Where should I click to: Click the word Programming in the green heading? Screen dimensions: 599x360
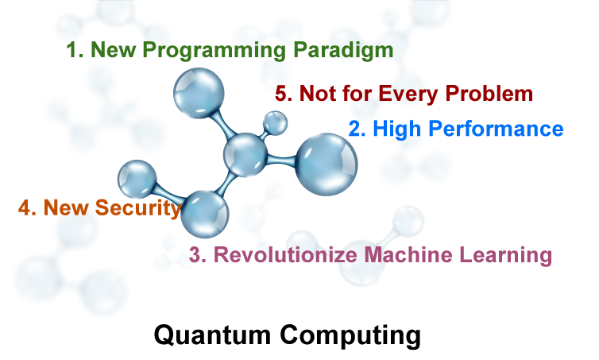click(214, 50)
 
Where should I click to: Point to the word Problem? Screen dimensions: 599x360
click(489, 93)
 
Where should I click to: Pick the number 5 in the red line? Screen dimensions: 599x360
click(284, 94)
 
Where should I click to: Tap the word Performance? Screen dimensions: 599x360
click(496, 129)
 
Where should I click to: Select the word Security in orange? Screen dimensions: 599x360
click(137, 208)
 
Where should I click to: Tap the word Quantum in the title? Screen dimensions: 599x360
click(212, 335)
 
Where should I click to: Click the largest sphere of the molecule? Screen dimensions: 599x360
click(327, 165)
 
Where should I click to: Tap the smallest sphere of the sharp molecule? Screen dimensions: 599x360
click(275, 122)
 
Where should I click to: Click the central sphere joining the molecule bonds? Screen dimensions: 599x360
click(245, 155)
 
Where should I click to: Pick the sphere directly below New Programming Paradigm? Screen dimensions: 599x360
click(199, 93)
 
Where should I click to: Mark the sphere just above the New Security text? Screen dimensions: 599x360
click(137, 180)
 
